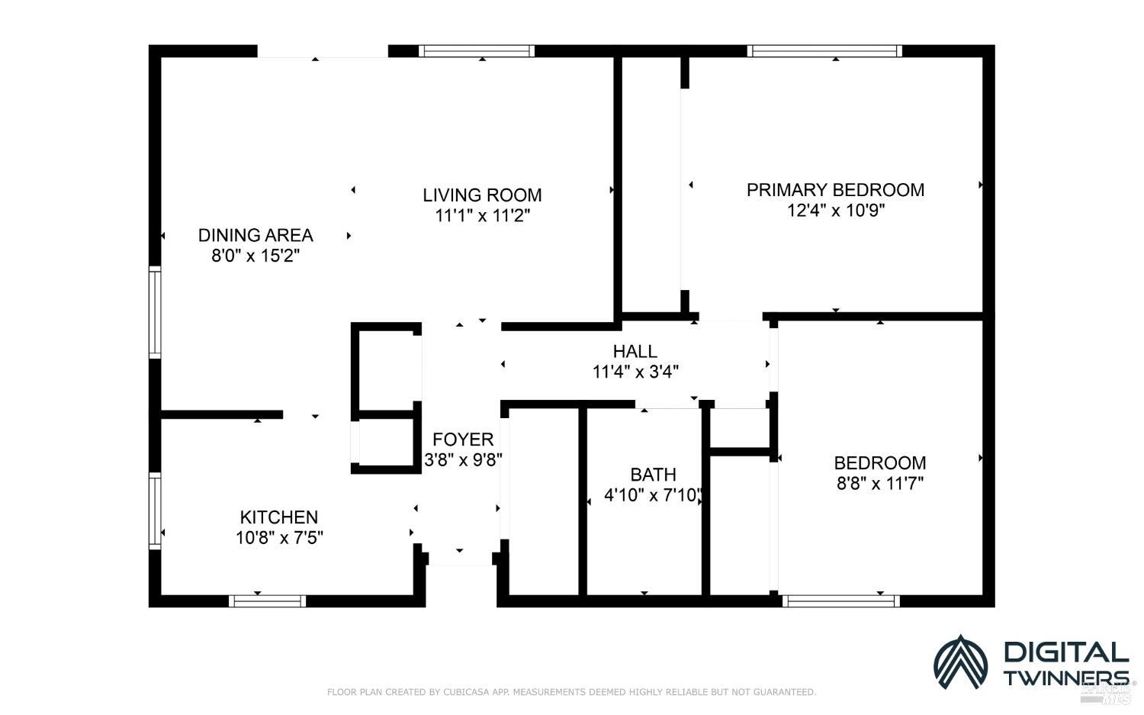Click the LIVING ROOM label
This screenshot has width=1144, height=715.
click(482, 195)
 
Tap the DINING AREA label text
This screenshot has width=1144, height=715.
click(255, 235)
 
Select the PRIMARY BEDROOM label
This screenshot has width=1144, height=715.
click(835, 190)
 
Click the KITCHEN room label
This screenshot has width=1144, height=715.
click(278, 517)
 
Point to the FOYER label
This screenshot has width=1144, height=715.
click(463, 440)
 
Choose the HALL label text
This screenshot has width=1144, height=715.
click(635, 352)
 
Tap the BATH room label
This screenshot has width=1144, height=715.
click(653, 475)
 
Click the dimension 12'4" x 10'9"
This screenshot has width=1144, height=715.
click(835, 211)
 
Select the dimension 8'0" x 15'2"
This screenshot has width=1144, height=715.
click(255, 256)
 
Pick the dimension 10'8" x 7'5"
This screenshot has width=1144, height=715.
click(279, 538)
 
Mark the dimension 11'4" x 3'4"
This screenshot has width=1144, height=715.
click(635, 372)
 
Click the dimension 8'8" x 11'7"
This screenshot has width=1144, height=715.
click(879, 483)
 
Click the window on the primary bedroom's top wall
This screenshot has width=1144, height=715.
click(824, 51)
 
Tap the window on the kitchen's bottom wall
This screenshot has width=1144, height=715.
click(267, 601)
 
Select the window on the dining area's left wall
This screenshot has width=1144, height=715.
click(155, 312)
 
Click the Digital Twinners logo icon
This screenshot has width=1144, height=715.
click(960, 661)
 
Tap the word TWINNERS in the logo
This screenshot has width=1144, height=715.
click(1065, 678)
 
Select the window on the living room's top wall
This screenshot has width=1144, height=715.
click(477, 51)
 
